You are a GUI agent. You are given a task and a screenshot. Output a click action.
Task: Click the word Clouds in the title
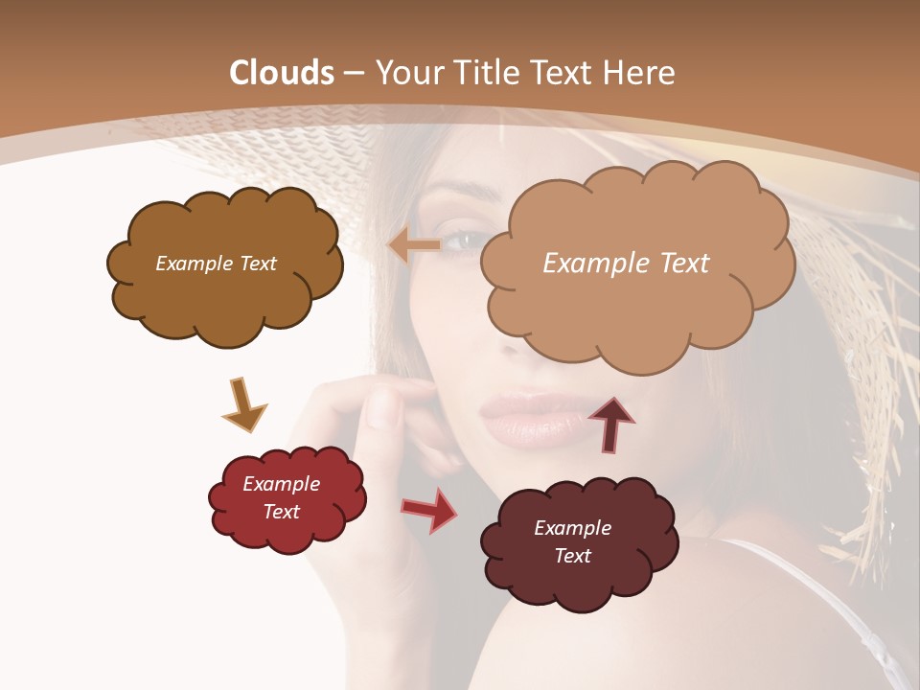point(282,73)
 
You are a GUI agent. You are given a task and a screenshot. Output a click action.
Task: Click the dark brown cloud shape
point(225,297)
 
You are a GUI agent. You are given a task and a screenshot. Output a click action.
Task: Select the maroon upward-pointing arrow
point(611,424)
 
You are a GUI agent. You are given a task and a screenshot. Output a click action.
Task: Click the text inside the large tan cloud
point(626,264)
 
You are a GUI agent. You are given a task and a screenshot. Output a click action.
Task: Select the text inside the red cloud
point(281,497)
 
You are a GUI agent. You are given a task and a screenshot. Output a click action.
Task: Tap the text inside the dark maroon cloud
point(572,541)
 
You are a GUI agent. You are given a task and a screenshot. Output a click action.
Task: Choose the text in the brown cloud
point(216,264)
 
